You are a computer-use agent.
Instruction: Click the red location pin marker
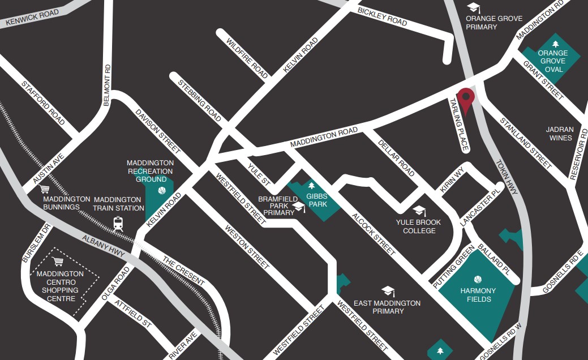pyautogui.click(x=466, y=100)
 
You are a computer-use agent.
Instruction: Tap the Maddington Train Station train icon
pyautogui.click(x=118, y=223)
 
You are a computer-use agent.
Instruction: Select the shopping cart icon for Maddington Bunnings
pyautogui.click(x=45, y=189)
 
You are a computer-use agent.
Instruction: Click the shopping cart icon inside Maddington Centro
pyautogui.click(x=58, y=262)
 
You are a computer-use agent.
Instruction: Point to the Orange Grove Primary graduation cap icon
pyautogui.click(x=473, y=7)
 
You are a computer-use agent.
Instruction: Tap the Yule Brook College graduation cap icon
pyautogui.click(x=419, y=211)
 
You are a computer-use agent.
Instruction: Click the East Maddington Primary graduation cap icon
pyautogui.click(x=388, y=291)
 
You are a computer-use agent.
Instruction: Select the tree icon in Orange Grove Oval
pyautogui.click(x=555, y=43)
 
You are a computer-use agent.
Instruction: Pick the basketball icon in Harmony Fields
pyautogui.click(x=478, y=280)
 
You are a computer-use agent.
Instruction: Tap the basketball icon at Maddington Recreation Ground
pyautogui.click(x=162, y=190)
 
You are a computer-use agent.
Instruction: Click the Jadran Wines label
pyautogui.click(x=560, y=134)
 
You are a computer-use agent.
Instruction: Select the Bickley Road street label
pyautogui.click(x=383, y=17)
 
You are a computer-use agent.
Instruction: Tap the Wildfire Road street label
pyautogui.click(x=247, y=58)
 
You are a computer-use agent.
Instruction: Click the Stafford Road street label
pyautogui.click(x=44, y=102)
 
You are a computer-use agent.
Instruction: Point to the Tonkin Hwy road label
pyautogui.click(x=507, y=175)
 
